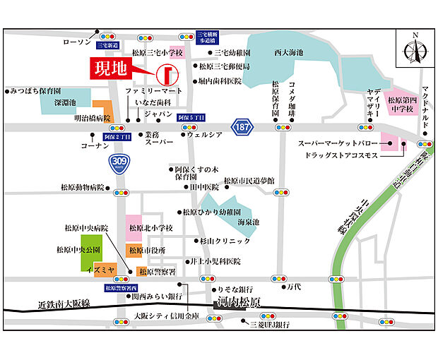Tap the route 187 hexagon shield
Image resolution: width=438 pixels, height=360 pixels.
[242, 126]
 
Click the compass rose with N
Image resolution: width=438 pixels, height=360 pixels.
[415, 49]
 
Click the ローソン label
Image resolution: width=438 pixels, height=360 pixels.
[73, 42]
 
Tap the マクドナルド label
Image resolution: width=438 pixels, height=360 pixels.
[426, 102]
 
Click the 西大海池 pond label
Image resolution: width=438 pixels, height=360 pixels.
[290, 54]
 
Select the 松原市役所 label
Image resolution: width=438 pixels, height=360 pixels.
[149, 250]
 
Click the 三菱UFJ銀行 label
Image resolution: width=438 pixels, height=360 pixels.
[271, 325]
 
